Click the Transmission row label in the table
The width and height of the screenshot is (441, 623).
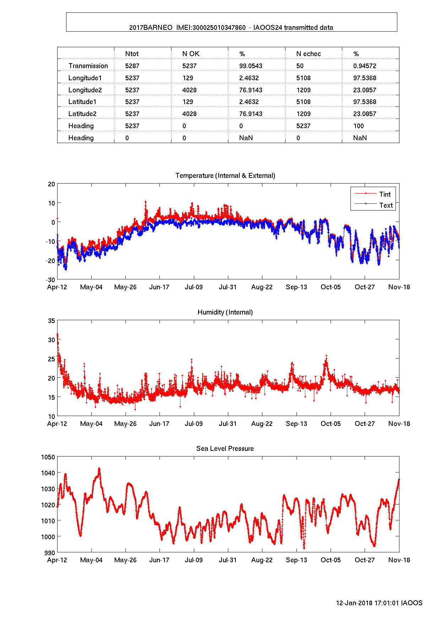tap(88, 66)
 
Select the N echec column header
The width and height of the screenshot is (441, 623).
tap(308, 54)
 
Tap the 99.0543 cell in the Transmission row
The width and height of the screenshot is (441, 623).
tap(251, 66)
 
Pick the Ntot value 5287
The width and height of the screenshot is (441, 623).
tap(132, 66)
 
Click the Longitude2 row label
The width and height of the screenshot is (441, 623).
tap(85, 90)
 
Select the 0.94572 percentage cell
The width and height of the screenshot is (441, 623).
tap(365, 66)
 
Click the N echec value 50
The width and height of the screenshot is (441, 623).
tap(300, 66)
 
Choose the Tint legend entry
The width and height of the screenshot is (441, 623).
tap(385, 195)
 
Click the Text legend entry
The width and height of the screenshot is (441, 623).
tap(386, 206)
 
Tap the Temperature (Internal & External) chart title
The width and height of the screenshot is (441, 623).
tap(225, 176)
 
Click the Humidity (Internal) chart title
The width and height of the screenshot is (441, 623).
tap(225, 312)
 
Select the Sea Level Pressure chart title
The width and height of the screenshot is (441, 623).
tap(225, 449)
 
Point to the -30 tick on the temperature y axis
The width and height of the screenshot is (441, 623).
tap(51, 280)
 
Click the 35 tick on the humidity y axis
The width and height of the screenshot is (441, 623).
tap(51, 321)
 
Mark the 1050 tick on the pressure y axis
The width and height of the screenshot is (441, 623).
tap(48, 457)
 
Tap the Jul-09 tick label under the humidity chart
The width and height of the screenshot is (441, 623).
tap(194, 424)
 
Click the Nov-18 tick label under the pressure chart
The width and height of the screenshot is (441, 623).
tap(399, 560)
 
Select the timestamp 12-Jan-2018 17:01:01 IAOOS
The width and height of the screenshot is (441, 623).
tap(379, 603)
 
